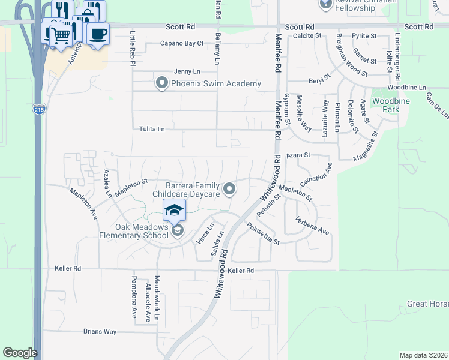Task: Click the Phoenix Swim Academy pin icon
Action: pyautogui.click(x=161, y=83)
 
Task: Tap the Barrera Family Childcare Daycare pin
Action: pyautogui.click(x=229, y=190)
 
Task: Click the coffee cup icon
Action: pyautogui.click(x=98, y=34)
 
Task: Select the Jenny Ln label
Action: pyautogui.click(x=186, y=71)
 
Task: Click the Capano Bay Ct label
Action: pyautogui.click(x=182, y=43)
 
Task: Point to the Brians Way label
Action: pyautogui.click(x=100, y=331)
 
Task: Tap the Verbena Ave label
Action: pyautogui.click(x=312, y=226)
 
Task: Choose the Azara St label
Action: pyautogui.click(x=298, y=155)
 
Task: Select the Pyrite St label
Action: pyautogui.click(x=364, y=36)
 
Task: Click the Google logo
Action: pyautogui.click(x=20, y=353)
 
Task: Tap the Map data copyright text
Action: pyautogui.click(x=423, y=355)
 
